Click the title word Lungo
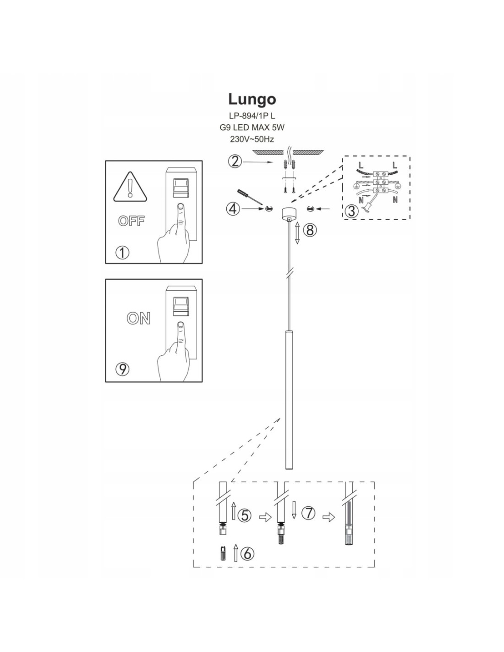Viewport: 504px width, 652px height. click(x=252, y=99)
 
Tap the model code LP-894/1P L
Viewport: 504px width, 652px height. click(x=252, y=116)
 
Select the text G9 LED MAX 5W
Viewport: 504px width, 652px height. click(x=252, y=127)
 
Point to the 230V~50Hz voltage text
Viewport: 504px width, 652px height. click(x=252, y=139)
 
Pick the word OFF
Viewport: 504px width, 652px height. click(x=131, y=221)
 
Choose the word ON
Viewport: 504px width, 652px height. click(x=138, y=318)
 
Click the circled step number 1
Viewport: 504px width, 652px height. click(x=122, y=252)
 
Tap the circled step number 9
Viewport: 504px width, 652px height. click(x=122, y=369)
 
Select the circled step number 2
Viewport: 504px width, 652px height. click(x=235, y=161)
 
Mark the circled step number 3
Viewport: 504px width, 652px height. click(x=351, y=211)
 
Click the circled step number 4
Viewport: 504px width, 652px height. click(x=233, y=209)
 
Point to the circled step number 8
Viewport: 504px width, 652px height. click(x=310, y=230)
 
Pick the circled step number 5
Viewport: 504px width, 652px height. click(x=245, y=515)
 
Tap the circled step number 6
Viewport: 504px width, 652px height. click(x=247, y=553)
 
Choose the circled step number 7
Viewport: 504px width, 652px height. click(x=309, y=513)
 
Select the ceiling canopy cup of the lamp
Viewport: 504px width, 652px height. click(x=289, y=213)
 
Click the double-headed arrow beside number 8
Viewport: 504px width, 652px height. click(x=297, y=233)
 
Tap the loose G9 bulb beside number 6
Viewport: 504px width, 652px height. click(x=223, y=553)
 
